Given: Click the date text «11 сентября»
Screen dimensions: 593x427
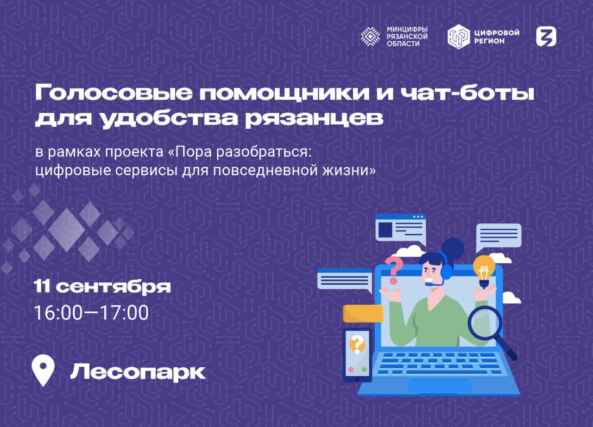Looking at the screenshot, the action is pyautogui.click(x=102, y=287).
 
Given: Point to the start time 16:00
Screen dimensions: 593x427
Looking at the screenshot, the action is pyautogui.click(x=58, y=313).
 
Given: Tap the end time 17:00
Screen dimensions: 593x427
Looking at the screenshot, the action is pyautogui.click(x=125, y=313).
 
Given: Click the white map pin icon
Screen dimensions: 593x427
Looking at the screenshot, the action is pyautogui.click(x=43, y=370).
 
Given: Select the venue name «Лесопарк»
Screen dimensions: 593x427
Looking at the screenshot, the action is pyautogui.click(x=138, y=372).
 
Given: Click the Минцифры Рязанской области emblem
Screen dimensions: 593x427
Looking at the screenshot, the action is pyautogui.click(x=370, y=37).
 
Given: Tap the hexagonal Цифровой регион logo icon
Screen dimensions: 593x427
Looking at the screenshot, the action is pyautogui.click(x=459, y=37).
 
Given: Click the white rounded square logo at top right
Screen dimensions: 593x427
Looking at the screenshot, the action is pyautogui.click(x=546, y=37).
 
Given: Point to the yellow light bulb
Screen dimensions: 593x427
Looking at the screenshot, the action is pyautogui.click(x=484, y=271).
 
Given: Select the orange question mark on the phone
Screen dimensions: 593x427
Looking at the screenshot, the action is pyautogui.click(x=357, y=344).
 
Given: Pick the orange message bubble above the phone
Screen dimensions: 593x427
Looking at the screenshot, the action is pyautogui.click(x=363, y=313).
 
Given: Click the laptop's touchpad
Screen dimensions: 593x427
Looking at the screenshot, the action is pyautogui.click(x=440, y=386).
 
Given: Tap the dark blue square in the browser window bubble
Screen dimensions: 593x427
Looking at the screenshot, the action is pyautogui.click(x=385, y=229).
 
